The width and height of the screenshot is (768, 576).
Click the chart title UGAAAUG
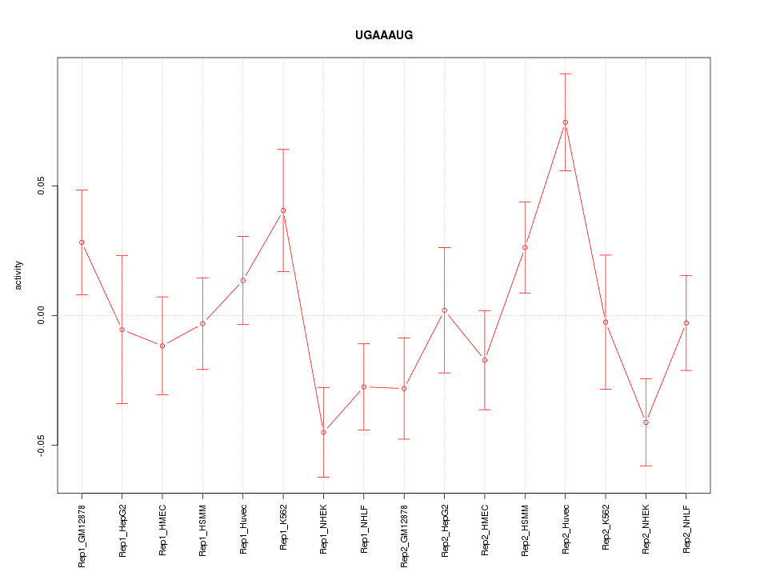(384, 35)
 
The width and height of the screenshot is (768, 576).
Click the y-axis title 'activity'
(19, 275)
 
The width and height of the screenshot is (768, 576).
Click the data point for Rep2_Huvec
(566, 122)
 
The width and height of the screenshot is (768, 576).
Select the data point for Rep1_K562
(283, 210)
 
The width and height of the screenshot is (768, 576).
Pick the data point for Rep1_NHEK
(323, 432)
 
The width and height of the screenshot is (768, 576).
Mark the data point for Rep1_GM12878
(82, 242)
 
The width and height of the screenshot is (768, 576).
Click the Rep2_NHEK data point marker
(646, 422)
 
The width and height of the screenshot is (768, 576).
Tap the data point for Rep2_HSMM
(525, 247)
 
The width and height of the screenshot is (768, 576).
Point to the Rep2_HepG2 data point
(444, 310)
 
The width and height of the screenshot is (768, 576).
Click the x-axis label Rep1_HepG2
(122, 531)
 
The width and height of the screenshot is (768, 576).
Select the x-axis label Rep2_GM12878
(404, 535)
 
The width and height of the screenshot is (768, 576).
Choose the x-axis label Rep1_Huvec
(243, 530)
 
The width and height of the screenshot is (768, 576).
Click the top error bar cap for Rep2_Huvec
(566, 74)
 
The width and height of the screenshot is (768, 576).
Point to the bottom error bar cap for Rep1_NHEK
(323, 477)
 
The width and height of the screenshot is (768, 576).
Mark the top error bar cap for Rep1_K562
(283, 150)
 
